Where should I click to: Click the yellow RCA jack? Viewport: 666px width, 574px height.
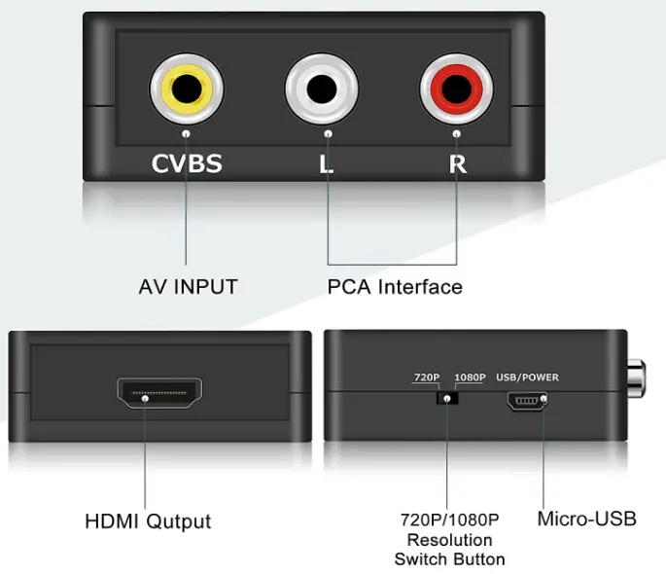click(187, 91)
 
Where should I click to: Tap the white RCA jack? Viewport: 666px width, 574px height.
click(322, 91)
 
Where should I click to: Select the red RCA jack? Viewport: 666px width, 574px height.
click(456, 91)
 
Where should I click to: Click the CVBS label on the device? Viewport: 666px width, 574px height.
click(187, 163)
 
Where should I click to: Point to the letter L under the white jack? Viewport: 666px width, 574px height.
click(327, 163)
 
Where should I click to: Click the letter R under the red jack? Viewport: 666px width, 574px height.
click(457, 163)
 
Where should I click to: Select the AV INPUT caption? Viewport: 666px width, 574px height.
click(188, 287)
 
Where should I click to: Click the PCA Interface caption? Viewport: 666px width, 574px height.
click(395, 287)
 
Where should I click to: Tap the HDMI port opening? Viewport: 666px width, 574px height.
click(160, 394)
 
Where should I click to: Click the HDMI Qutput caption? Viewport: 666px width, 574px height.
click(148, 520)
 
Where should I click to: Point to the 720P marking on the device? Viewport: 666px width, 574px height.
click(427, 377)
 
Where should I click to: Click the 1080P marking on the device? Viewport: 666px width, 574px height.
click(469, 377)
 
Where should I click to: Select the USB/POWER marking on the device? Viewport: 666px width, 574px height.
click(527, 377)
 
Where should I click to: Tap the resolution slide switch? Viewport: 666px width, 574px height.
click(447, 399)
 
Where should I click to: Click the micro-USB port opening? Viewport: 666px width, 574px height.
click(526, 400)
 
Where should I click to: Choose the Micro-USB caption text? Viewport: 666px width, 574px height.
click(587, 519)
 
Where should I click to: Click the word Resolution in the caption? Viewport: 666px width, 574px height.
click(449, 540)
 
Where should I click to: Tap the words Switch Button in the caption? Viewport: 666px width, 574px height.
click(449, 559)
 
